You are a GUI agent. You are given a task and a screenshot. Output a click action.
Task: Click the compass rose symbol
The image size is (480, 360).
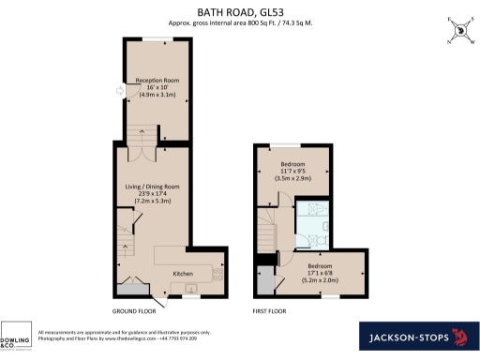click(458, 29)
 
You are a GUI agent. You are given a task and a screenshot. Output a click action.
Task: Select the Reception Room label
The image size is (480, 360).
click(158, 88)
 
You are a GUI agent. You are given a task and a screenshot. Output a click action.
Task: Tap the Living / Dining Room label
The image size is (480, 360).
click(153, 194)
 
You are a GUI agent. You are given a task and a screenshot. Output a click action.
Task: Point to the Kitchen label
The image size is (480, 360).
click(183, 273)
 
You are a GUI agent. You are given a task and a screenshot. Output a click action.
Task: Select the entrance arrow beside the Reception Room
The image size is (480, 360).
click(118, 91)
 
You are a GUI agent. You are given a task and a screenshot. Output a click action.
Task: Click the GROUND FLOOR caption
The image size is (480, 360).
click(133, 310)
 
